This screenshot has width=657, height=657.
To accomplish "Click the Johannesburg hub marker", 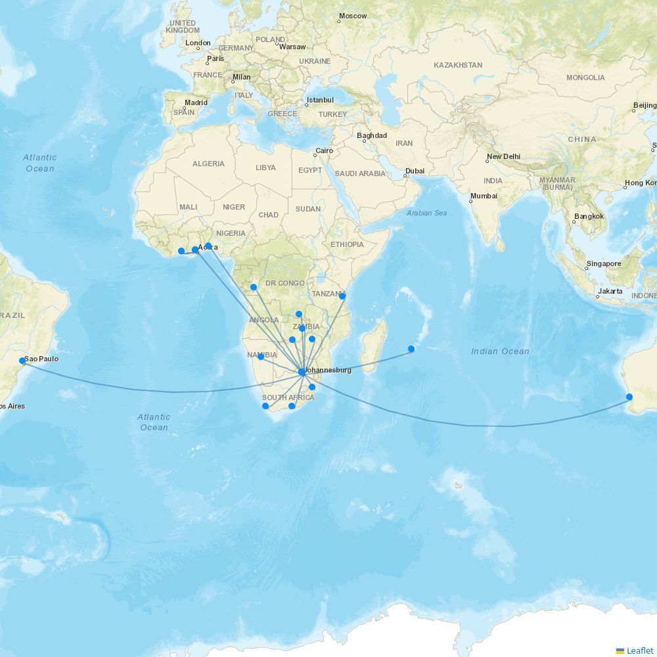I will [302, 372].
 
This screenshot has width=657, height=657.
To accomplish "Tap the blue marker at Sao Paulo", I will [22, 361].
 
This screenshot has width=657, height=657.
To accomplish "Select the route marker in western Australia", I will [629, 397].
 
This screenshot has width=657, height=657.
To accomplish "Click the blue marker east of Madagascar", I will [411, 349].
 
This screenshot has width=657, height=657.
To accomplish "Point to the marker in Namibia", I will [260, 357].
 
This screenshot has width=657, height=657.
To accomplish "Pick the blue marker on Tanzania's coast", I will [342, 296].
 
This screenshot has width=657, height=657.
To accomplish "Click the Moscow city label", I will [353, 16].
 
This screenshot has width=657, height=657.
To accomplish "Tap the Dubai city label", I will [415, 171].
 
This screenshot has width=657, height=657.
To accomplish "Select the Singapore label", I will [604, 264].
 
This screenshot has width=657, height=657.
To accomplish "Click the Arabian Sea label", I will [426, 213].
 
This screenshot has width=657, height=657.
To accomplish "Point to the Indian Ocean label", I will [500, 351].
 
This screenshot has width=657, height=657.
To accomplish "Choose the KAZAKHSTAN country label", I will [458, 65].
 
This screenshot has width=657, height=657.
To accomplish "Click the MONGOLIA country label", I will [585, 78].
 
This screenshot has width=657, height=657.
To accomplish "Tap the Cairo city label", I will [325, 151].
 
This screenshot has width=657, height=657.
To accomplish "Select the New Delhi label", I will [503, 157].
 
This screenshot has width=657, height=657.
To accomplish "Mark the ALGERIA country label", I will [208, 164].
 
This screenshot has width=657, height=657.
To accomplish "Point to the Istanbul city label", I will [320, 101].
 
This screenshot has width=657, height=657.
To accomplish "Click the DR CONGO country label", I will [285, 283].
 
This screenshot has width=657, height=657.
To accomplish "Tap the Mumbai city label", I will [484, 196].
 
